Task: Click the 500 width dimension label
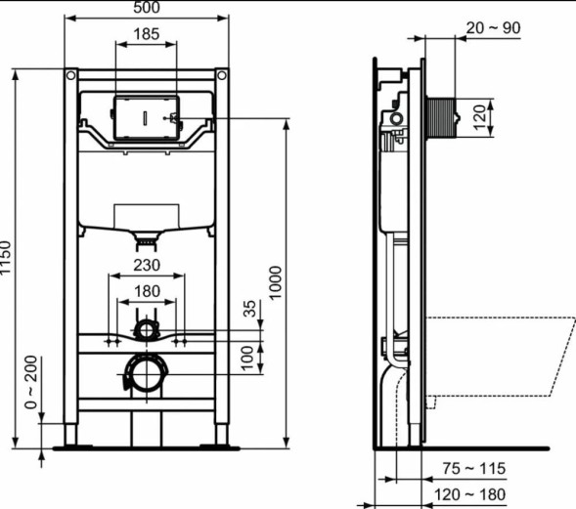(x=146, y=9)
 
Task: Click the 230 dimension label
(x=146, y=264)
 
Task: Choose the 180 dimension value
(x=146, y=291)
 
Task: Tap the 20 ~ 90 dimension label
(x=493, y=28)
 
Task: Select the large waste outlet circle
(x=146, y=373)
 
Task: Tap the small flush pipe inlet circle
(x=146, y=328)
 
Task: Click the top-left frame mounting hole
(x=70, y=75)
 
